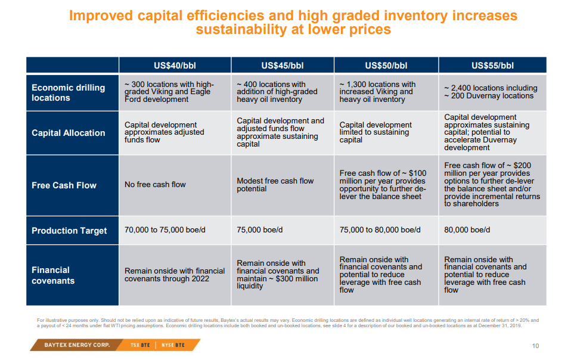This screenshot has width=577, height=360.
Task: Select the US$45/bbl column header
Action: (x=283, y=66)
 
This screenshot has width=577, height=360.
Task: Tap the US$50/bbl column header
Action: (x=386, y=66)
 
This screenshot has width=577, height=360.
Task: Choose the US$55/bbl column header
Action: (x=492, y=66)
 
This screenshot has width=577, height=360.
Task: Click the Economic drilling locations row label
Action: (x=68, y=92)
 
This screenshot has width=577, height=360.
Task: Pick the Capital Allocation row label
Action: (x=68, y=133)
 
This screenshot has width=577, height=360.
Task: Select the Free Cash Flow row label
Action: (x=64, y=185)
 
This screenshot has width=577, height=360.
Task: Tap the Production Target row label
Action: (x=69, y=231)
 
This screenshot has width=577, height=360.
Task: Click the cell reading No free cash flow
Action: (x=155, y=185)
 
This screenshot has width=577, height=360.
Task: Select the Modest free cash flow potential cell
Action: (x=275, y=185)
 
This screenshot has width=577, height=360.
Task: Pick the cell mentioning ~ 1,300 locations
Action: (x=377, y=92)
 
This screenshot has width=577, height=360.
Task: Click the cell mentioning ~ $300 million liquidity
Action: (x=278, y=274)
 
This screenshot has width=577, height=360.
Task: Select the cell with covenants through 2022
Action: (x=175, y=275)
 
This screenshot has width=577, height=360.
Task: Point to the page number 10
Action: (x=535, y=346)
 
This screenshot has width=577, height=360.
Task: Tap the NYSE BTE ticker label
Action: (x=173, y=345)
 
